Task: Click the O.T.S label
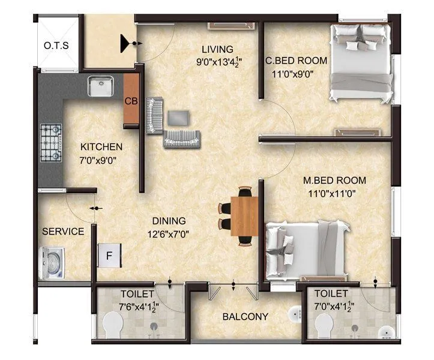tap(56, 46)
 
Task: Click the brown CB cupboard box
tap(131, 101)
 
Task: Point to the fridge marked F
tap(109, 256)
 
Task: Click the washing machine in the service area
tap(52, 262)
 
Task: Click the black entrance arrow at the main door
tap(127, 43)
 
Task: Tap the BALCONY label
tap(245, 317)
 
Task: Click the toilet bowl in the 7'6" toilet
tap(113, 327)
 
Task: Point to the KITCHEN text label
tap(101, 146)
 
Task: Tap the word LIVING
tap(217, 49)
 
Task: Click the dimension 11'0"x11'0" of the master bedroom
tap(333, 194)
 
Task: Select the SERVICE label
tap(62, 232)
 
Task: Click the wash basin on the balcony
tap(294, 314)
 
